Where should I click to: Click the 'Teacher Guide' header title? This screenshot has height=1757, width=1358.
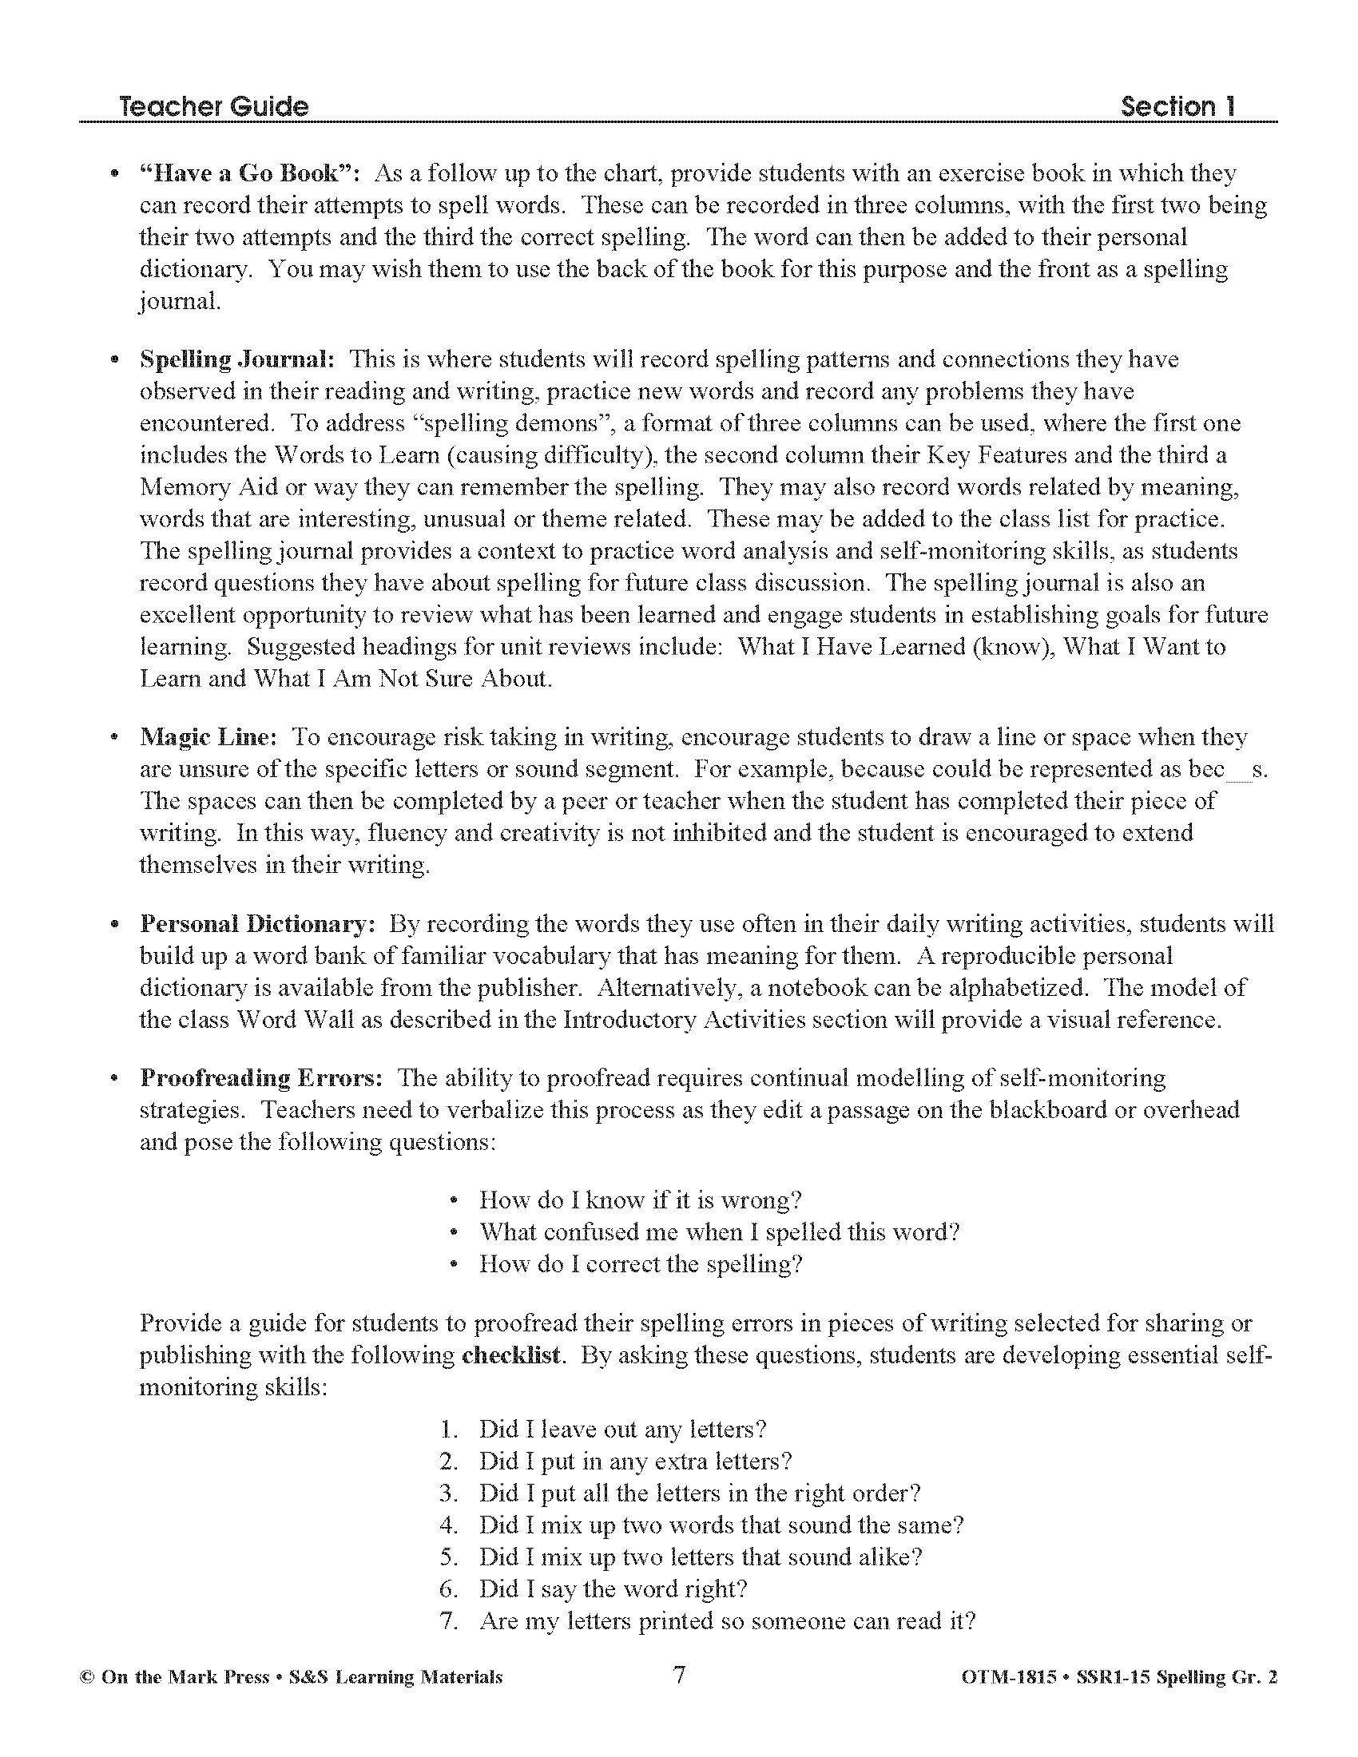213,107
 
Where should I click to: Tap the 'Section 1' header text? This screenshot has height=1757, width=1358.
1177,107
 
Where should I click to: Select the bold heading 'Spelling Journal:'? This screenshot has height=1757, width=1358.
237,359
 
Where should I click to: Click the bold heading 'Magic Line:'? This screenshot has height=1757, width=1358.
208,737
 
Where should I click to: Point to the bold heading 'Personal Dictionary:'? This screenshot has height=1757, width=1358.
257,923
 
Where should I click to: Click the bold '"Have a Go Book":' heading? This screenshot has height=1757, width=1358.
251,174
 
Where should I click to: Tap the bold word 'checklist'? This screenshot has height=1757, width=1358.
511,1355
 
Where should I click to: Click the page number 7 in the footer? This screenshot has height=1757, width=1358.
679,1675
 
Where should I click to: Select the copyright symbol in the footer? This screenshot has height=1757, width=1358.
87,1677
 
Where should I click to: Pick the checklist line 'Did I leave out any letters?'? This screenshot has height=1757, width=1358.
621,1430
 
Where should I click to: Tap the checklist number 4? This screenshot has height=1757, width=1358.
448,1525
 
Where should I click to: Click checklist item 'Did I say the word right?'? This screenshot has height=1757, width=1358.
613,1588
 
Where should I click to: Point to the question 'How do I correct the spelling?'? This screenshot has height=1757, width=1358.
641,1265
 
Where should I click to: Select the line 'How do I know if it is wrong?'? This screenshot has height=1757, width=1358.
641,1200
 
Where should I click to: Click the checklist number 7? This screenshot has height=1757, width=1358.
448,1621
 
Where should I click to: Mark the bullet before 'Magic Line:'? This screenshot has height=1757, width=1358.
116,737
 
